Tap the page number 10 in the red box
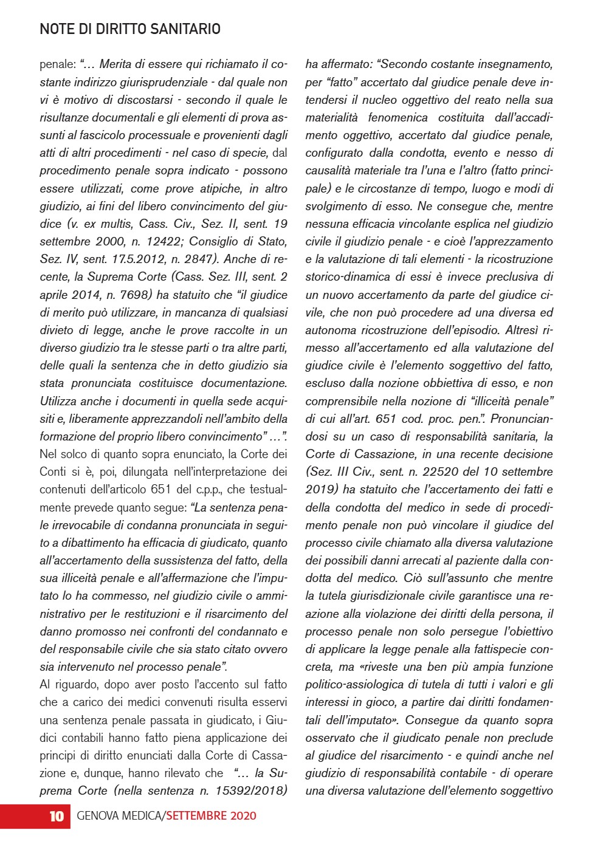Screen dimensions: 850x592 click(56, 816)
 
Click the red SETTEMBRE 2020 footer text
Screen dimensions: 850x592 click(211, 816)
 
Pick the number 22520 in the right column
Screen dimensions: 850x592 click(460, 471)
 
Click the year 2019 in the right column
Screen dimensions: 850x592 click(321, 489)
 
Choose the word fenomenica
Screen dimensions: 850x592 click(398, 117)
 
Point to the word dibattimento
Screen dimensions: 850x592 click(81, 543)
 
